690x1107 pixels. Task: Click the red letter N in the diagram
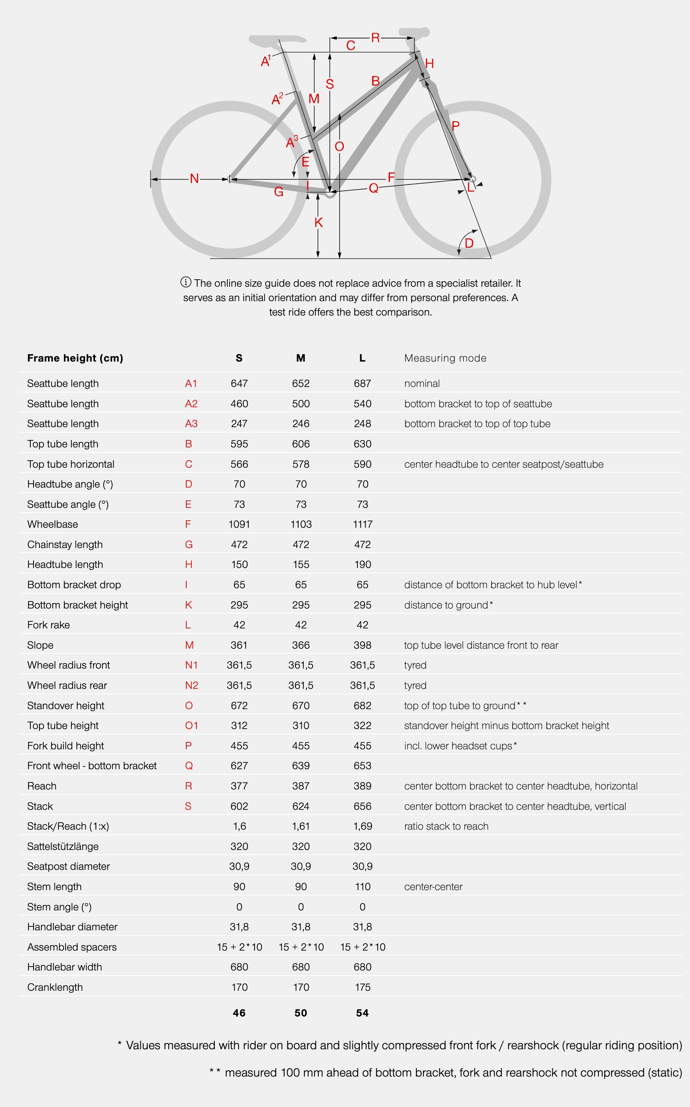point(195,179)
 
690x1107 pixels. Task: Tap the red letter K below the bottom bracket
point(318,223)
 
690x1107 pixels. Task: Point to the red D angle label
point(469,243)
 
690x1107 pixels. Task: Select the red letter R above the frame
point(375,38)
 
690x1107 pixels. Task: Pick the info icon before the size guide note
point(186,282)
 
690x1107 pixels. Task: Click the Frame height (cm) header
point(75,358)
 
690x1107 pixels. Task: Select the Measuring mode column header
point(445,358)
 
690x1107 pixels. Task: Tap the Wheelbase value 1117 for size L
point(362,524)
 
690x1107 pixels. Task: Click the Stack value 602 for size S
point(239,806)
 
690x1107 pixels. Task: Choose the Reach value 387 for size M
point(301,786)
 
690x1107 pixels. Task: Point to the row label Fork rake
point(48,625)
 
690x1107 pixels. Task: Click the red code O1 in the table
point(191,726)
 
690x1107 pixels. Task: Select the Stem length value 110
point(362,887)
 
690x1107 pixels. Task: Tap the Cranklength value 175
point(362,987)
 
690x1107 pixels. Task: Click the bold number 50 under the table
point(301,1013)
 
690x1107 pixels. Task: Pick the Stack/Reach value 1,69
point(362,826)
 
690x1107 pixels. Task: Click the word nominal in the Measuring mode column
point(422,383)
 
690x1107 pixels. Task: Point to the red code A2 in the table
point(191,404)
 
